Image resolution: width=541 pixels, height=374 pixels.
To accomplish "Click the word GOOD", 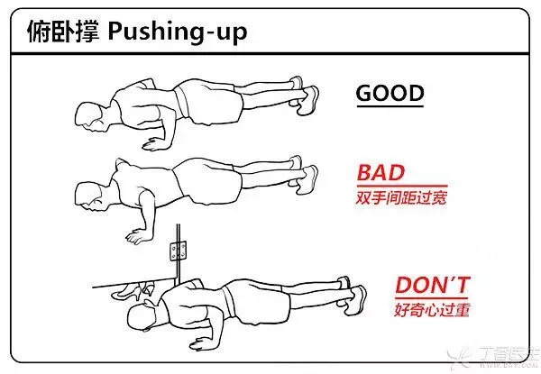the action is tap(390, 93).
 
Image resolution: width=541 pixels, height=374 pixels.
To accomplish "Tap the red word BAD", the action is tap(381, 173).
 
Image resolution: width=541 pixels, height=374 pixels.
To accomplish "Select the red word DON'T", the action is tap(433, 285).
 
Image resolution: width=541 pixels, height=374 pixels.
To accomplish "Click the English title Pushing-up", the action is tap(178, 32).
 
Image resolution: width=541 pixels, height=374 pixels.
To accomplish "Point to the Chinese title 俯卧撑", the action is tap(63, 31).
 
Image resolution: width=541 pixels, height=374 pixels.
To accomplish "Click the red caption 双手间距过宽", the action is tap(401, 197).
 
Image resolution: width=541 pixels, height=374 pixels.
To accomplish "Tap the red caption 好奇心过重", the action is tap(432, 309).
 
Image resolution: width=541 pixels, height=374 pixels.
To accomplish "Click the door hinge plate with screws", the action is tap(178, 251).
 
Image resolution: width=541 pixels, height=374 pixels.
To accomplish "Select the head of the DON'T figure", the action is tap(142, 316).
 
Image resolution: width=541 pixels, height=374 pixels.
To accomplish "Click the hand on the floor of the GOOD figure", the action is tap(154, 144).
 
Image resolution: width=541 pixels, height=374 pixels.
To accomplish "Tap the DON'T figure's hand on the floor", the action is tap(203, 343).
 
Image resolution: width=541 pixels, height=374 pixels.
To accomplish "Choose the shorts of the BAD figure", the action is tap(208, 181).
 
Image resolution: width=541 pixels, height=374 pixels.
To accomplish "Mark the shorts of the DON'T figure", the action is tap(256, 302).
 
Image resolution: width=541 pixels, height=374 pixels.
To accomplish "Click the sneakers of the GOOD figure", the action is tap(305, 96).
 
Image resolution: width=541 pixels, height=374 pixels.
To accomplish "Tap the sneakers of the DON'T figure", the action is tap(353, 295).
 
